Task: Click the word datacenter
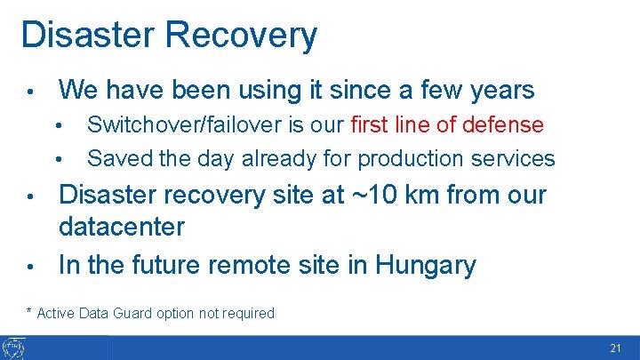122,227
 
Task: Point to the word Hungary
426,265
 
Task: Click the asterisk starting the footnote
28,311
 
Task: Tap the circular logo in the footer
15,348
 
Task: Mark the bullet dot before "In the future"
30,266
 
